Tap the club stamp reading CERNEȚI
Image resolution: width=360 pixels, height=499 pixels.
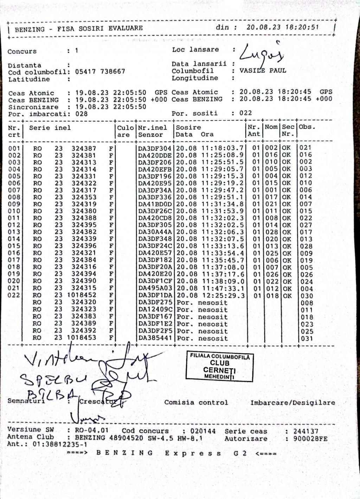point(219,367)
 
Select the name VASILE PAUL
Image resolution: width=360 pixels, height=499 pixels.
point(263,71)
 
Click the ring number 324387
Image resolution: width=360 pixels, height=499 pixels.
point(84,148)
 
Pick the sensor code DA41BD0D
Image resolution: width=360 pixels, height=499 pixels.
point(155,204)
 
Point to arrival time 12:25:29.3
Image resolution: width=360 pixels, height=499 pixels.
point(223,296)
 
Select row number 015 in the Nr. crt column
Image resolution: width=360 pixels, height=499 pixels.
point(14,246)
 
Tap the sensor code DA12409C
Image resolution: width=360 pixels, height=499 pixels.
point(155,310)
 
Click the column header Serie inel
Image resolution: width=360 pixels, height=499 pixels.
point(50,128)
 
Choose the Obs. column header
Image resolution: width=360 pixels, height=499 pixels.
point(307,127)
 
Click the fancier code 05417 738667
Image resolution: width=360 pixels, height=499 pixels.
point(100,72)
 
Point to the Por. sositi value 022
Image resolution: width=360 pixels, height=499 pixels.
point(246,113)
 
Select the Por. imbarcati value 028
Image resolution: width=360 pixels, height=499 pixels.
point(81,114)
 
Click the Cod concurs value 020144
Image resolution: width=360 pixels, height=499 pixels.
point(203,431)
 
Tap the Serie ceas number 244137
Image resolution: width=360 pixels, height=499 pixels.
point(306,431)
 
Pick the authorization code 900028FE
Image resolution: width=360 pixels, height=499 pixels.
point(310,439)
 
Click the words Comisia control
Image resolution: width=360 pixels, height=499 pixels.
point(196,403)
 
